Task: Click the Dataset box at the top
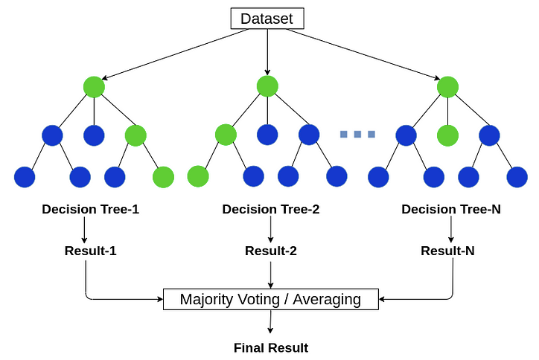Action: coord(267,18)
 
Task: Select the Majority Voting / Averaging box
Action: coord(271,299)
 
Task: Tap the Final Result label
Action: coord(271,348)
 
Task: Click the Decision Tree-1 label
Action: coord(90,209)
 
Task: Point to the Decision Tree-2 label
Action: coord(271,209)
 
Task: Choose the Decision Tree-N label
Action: coord(451,209)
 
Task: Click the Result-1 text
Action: coord(90,251)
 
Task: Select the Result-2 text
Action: coord(271,251)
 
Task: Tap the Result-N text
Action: coord(447,251)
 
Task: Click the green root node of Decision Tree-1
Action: coord(94,87)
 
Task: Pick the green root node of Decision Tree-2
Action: coord(267,86)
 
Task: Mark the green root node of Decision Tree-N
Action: coord(447,87)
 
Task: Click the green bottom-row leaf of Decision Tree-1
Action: coord(163,177)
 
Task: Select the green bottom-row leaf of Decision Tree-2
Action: coord(198,176)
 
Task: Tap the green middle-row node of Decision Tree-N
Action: coord(447,135)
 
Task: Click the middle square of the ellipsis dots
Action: coord(357,134)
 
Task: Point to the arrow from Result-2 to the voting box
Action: coord(270,274)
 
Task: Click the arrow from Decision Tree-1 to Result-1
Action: coord(84,230)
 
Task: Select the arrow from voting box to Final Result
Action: coord(270,321)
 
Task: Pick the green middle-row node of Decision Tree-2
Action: coord(226,135)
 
